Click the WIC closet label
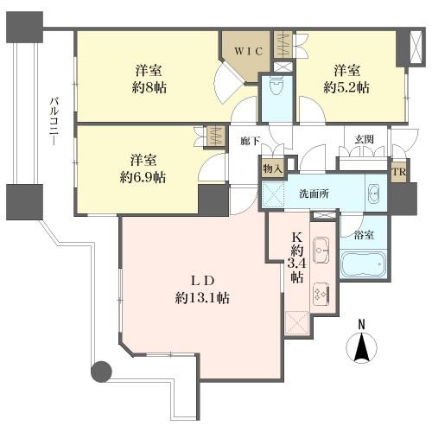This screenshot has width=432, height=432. [248, 51]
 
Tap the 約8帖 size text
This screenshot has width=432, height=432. [149, 87]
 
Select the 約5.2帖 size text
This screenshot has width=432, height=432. [346, 87]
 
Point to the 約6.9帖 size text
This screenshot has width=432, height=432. [143, 177]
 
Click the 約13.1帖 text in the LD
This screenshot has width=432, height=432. [202, 298]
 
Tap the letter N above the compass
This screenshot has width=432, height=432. [361, 325]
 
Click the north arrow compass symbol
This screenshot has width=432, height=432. [361, 347]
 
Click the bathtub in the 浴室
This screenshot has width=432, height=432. [363, 264]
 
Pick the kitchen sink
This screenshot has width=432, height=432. [321, 250]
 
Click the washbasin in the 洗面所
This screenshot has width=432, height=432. [374, 194]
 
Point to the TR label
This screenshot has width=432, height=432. [399, 172]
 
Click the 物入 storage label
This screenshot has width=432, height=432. [272, 168]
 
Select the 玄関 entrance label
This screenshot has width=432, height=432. [364, 139]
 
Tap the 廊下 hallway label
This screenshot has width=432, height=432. [251, 141]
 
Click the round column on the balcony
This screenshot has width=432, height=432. [101, 372]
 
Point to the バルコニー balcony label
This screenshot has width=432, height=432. [54, 122]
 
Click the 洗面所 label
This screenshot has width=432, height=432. [314, 194]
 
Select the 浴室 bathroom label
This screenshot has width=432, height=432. [364, 235]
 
